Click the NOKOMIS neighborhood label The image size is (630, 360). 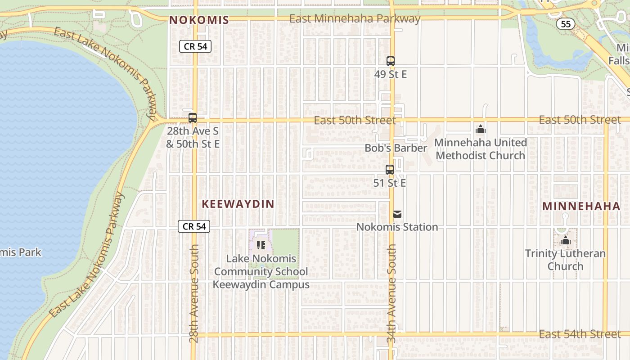tap(199, 20)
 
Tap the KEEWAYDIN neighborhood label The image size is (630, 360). tap(238, 204)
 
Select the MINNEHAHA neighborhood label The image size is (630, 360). tap(581, 206)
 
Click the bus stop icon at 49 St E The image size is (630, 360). tap(390, 61)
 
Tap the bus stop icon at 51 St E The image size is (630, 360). tap(390, 170)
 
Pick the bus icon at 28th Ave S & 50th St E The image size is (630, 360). tap(193, 118)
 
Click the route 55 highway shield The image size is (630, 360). tap(565, 24)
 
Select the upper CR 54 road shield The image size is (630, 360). tap(195, 46)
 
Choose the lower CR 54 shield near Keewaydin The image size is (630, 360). tap(194, 226)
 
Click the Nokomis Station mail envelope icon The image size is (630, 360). tap(397, 215)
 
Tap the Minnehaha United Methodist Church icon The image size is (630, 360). tap(480, 130)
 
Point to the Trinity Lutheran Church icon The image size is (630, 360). tap(565, 241)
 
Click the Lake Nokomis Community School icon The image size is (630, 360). tap(261, 245)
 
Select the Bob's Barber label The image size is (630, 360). tap(396, 148)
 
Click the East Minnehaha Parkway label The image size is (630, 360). tap(355, 19)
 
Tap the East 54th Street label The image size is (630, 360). tap(580, 334)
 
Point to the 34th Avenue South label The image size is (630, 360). tap(391, 293)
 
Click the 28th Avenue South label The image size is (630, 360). tap(194, 293)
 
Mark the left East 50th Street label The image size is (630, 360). tap(355, 120)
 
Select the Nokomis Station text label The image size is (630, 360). tap(397, 227)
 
